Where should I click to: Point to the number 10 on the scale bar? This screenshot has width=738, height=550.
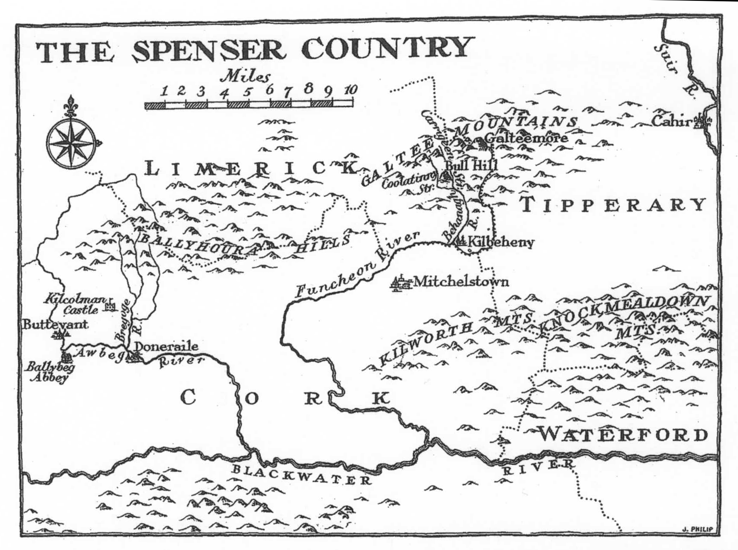pos(350,90)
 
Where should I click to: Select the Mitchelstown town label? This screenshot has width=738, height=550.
pos(460,282)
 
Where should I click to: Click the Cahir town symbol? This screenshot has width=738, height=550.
pos(704,121)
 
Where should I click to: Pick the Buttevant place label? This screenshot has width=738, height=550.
pos(55,324)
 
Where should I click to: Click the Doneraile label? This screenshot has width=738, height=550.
pos(166,346)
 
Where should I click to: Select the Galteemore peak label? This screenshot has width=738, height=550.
pos(526,138)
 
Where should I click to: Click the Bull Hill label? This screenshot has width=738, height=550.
pos(471,165)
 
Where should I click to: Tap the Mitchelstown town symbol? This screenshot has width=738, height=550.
pos(400,284)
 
